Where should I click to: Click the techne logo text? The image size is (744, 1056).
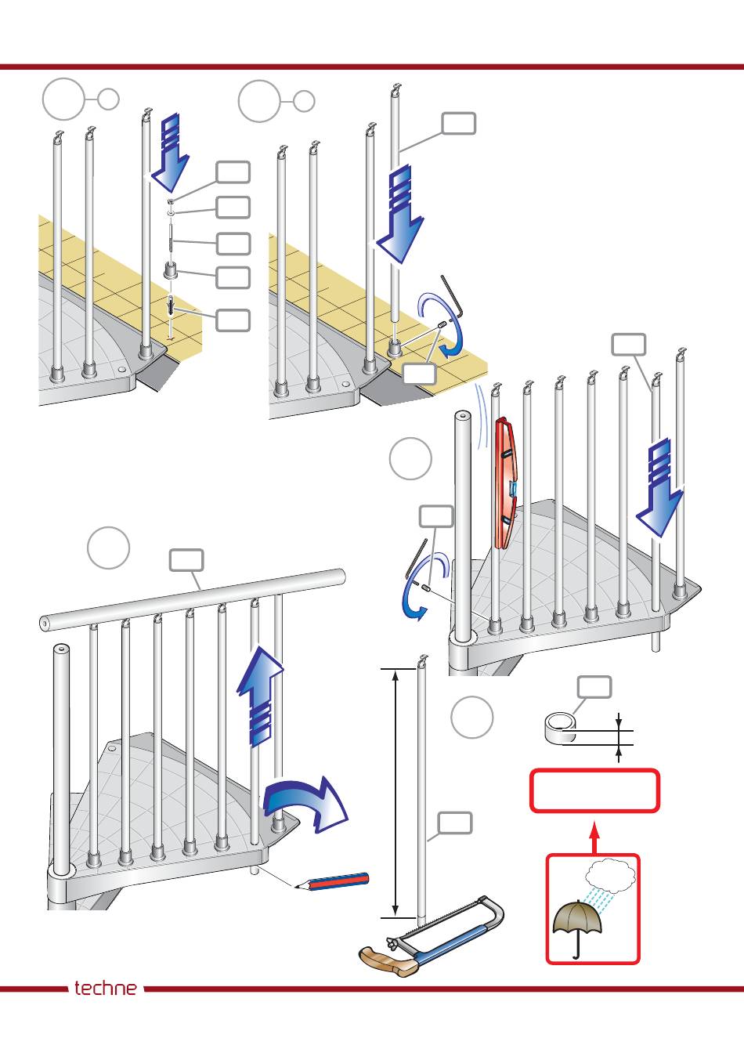pyautogui.click(x=106, y=988)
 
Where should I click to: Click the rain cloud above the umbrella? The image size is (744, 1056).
pyautogui.click(x=610, y=876)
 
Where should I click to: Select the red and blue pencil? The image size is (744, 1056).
pyautogui.click(x=332, y=881)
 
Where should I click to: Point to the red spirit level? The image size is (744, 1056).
pyautogui.click(x=506, y=483)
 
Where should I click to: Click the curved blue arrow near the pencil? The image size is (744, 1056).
pyautogui.click(x=305, y=803)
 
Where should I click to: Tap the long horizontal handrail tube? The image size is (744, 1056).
pyautogui.click(x=192, y=599)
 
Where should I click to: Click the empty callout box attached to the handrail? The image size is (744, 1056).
pyautogui.click(x=186, y=560)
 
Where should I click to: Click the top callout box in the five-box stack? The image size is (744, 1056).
pyautogui.click(x=233, y=172)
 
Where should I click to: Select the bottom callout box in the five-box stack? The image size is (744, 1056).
pyautogui.click(x=233, y=320)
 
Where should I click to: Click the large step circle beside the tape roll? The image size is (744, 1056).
pyautogui.click(x=471, y=718)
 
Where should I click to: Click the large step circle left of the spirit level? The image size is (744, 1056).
pyautogui.click(x=410, y=459)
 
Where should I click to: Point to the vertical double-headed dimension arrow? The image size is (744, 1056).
pyautogui.click(x=395, y=794)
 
